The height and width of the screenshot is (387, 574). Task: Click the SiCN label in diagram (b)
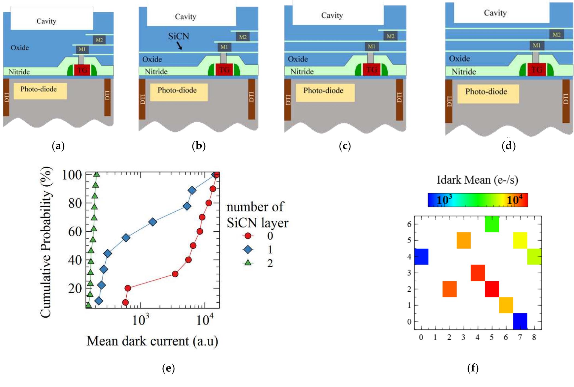(x=179, y=36)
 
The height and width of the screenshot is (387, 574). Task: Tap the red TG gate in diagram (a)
(x=82, y=70)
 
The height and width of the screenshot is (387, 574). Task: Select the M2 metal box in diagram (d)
(x=557, y=35)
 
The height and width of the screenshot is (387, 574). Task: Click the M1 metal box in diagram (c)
(x=371, y=46)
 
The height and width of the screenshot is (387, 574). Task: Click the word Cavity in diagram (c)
(x=332, y=16)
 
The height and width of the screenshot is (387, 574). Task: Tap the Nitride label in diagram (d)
(x=464, y=72)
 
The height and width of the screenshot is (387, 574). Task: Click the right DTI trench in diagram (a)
(x=108, y=98)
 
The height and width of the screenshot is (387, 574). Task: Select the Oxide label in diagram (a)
(x=20, y=48)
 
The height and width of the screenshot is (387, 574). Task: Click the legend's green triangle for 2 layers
(x=248, y=263)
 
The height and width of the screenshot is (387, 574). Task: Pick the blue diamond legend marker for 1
(x=248, y=249)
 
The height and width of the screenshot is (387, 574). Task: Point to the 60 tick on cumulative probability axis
(x=75, y=232)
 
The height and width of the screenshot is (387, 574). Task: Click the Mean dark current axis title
(x=152, y=341)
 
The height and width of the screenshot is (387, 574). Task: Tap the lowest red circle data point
(x=125, y=302)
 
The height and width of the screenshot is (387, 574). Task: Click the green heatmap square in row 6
(x=492, y=224)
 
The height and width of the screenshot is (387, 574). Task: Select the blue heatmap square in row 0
(x=520, y=321)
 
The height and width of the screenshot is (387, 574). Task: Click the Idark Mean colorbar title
(x=477, y=180)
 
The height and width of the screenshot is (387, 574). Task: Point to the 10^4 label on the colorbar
(x=515, y=200)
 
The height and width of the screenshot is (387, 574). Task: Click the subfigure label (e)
(x=168, y=368)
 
